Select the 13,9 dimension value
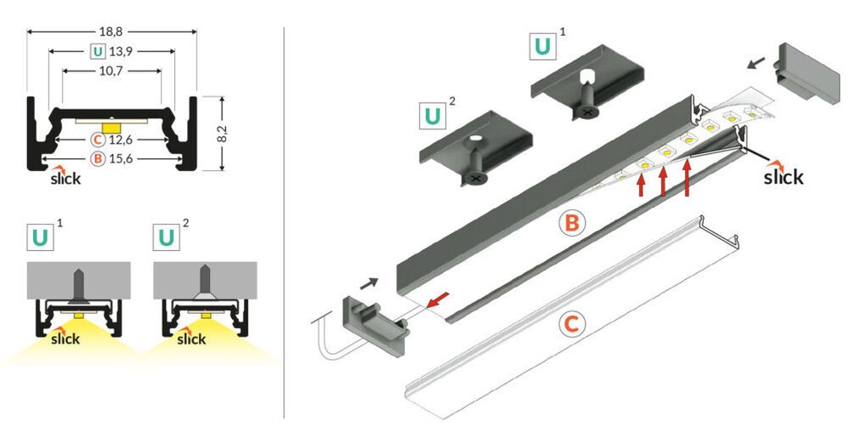(120, 51)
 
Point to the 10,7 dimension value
(111, 71)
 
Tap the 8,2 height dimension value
(223, 133)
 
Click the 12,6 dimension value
(120, 140)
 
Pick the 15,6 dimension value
(120, 159)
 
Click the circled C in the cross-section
(98, 140)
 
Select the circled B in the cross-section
(98, 159)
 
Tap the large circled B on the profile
(572, 223)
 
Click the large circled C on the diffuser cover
(572, 324)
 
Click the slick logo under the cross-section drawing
(65, 177)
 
